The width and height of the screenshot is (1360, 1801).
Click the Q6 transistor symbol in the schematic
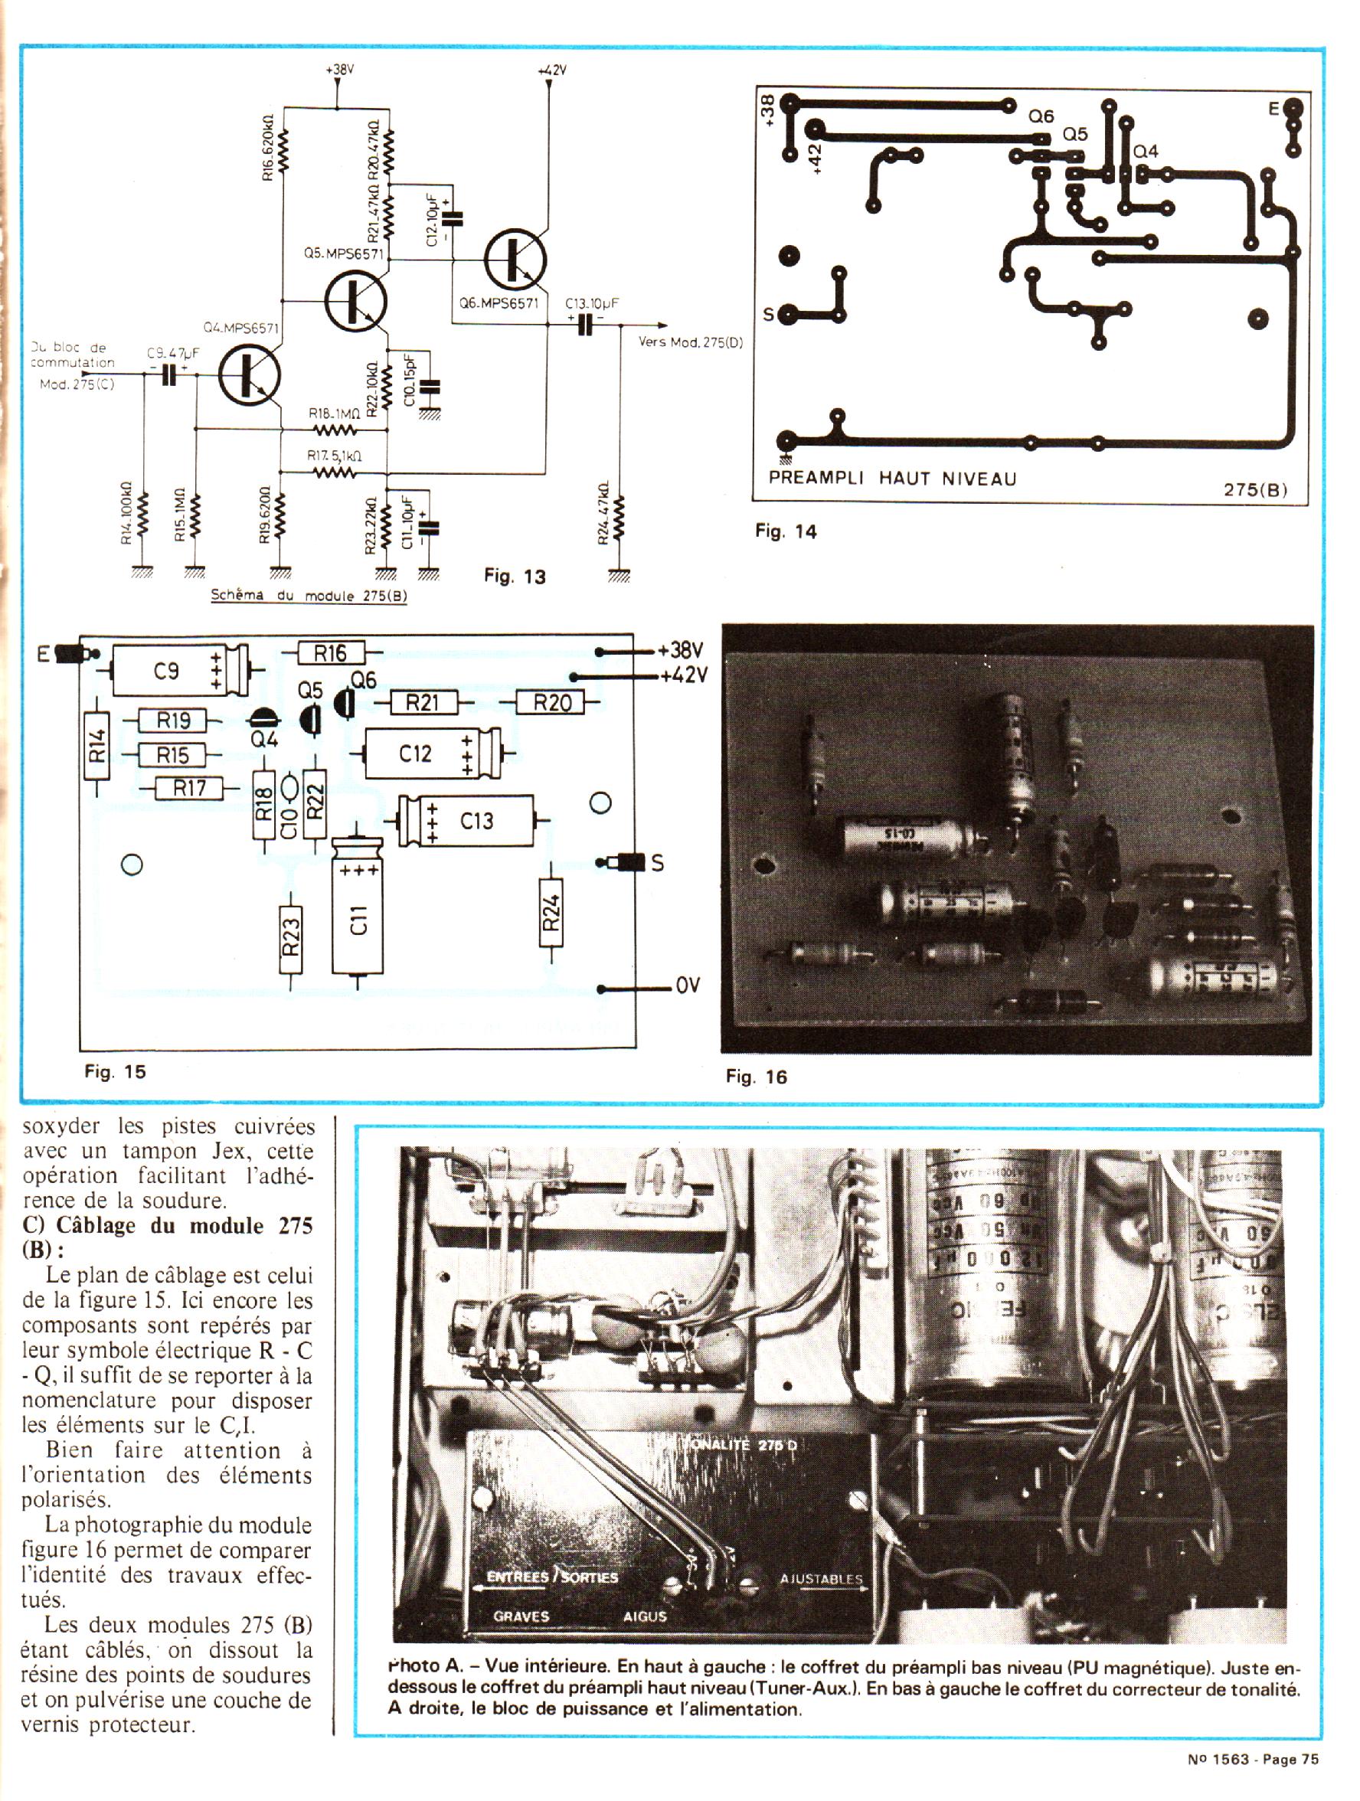[515, 259]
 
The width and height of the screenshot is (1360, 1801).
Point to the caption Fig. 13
[515, 577]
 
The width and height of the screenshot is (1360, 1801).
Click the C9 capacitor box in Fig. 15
[169, 671]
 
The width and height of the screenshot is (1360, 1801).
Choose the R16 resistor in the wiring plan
[330, 652]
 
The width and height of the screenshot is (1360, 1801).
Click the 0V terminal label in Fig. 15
[688, 986]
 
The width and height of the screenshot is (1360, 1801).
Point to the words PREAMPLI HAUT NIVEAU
[893, 479]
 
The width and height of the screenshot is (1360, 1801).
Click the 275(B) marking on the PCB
[1255, 490]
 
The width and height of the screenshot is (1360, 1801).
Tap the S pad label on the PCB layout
[767, 314]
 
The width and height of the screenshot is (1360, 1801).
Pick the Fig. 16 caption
[757, 1077]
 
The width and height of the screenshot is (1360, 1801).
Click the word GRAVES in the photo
[521, 1616]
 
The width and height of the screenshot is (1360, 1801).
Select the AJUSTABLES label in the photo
[821, 1580]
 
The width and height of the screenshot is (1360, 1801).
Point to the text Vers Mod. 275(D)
[691, 342]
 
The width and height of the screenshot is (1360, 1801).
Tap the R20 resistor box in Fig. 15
[552, 702]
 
